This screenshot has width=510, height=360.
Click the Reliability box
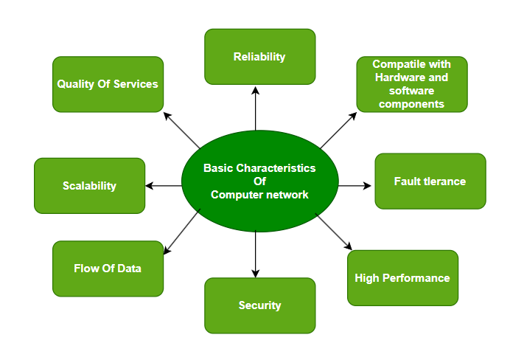[x=259, y=56]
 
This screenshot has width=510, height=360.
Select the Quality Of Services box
[x=108, y=84]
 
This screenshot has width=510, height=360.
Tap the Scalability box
[x=89, y=185]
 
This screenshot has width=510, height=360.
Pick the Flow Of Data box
[x=108, y=269]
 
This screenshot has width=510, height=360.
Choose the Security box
[x=259, y=305]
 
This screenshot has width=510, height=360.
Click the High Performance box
[x=402, y=278]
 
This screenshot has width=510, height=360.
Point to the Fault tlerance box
[x=430, y=181]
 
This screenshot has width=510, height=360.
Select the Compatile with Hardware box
[x=411, y=84]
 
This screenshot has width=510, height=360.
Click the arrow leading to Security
[x=255, y=254]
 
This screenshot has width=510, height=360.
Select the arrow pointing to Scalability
[x=164, y=185]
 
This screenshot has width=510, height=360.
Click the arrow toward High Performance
[x=334, y=232]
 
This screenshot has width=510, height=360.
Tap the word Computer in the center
[x=236, y=195]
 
